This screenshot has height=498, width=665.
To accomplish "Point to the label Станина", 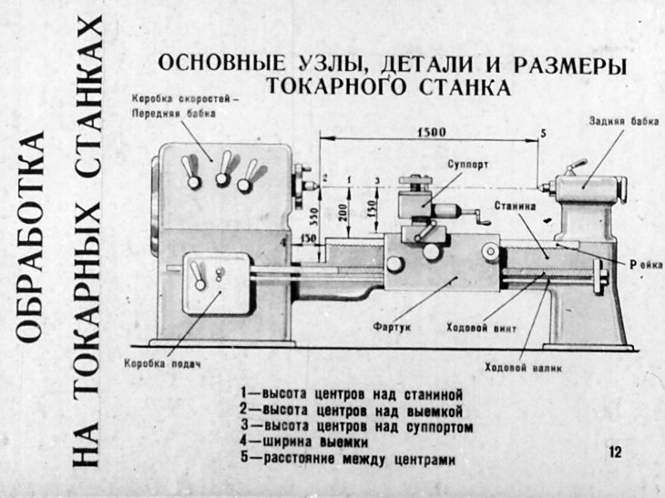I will click(515, 207).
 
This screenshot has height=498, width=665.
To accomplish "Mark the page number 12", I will click(616, 452).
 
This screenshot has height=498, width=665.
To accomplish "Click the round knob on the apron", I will click(394, 263).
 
